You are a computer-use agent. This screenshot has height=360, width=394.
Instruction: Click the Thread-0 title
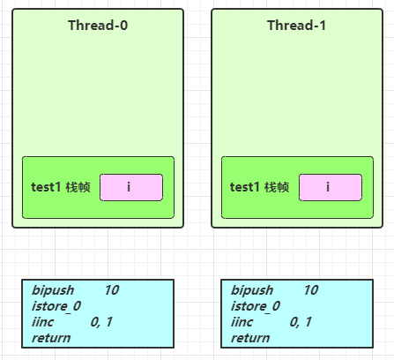click(x=98, y=26)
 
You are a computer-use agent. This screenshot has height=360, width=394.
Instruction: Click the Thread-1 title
click(x=296, y=26)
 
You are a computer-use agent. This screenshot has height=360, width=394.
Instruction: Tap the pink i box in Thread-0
click(x=131, y=187)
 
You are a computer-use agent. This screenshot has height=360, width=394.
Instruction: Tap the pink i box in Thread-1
click(x=331, y=187)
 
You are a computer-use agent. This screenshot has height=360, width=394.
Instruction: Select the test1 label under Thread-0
click(x=46, y=187)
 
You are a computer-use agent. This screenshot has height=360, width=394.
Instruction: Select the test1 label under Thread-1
click(x=245, y=187)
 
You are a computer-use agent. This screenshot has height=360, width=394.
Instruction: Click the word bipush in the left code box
click(x=53, y=290)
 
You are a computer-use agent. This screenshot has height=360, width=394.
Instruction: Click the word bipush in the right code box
click(x=252, y=290)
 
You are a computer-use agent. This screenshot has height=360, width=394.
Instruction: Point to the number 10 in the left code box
click(x=112, y=290)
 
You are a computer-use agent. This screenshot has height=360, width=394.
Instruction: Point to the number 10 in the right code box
click(x=311, y=290)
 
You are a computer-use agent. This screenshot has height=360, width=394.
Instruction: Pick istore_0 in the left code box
click(x=56, y=306)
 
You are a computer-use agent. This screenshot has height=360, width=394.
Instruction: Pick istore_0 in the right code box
click(x=256, y=306)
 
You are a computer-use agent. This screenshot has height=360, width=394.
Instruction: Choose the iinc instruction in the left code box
click(x=42, y=322)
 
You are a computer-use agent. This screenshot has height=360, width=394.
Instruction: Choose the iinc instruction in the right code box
click(x=242, y=322)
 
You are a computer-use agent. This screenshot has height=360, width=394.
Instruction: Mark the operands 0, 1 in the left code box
click(x=101, y=322)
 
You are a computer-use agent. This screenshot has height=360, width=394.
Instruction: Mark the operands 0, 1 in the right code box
click(x=301, y=322)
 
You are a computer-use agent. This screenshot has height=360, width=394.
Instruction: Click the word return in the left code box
click(x=51, y=338)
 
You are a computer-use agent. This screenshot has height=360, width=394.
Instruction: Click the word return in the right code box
click(x=250, y=338)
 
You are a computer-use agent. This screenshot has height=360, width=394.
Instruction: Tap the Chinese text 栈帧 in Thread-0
click(x=78, y=187)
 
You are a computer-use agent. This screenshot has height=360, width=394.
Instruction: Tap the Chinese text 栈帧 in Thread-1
click(x=277, y=187)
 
